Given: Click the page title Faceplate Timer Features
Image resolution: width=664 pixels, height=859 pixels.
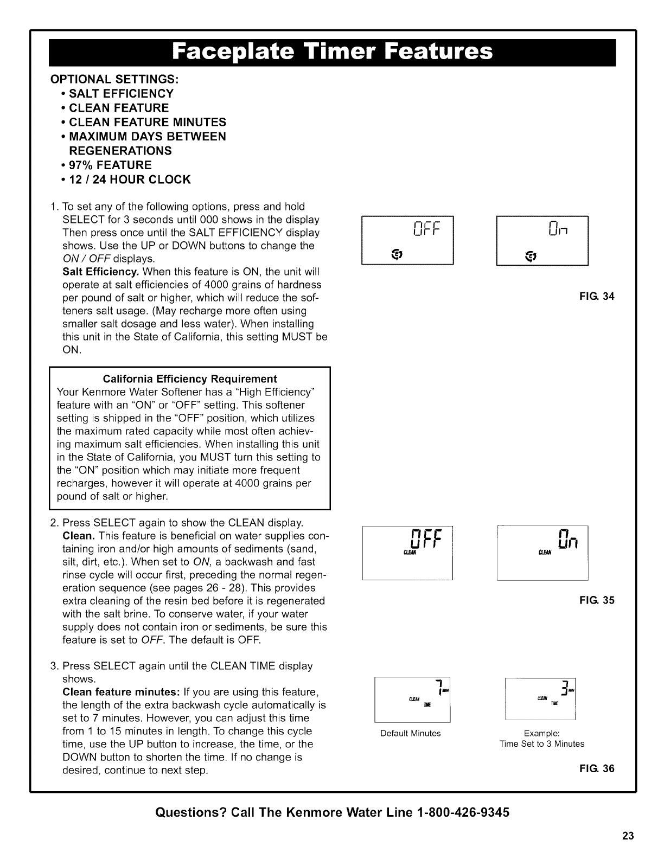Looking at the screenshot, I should click(x=332, y=53).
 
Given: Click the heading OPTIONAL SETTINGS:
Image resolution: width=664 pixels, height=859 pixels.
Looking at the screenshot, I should click(x=114, y=79).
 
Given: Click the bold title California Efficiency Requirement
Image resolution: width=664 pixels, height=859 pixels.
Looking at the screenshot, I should click(x=190, y=379).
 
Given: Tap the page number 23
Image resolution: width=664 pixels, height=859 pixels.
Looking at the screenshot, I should click(x=628, y=836).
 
